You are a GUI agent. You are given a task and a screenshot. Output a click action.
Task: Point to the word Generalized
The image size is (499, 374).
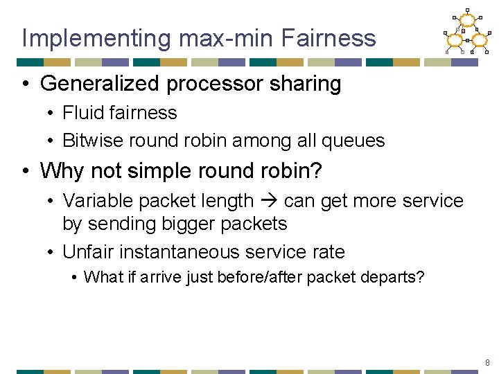pyautogui.click(x=102, y=84)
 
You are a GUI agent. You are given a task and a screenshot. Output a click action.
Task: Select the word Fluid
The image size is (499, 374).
pyautogui.click(x=81, y=112)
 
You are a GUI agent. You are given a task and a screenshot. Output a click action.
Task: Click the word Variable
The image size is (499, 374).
pyautogui.click(x=98, y=201)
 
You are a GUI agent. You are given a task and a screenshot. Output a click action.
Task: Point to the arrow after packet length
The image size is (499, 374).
pyautogui.click(x=269, y=202)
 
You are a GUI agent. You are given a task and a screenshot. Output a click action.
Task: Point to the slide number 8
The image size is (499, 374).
pyautogui.click(x=487, y=362)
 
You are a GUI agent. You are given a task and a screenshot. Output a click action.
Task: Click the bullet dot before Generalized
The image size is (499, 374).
pyautogui.click(x=26, y=84)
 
